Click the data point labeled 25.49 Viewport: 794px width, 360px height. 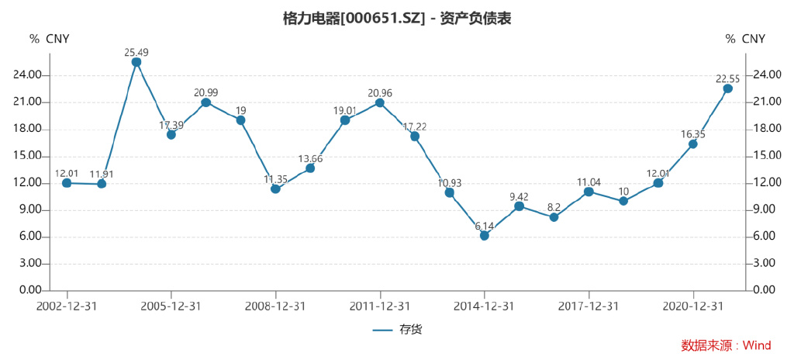click(136, 62)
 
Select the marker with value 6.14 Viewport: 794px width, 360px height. click(485, 235)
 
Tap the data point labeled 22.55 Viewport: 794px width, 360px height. click(727, 88)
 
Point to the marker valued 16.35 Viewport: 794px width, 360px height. click(692, 144)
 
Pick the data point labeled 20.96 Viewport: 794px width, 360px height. click(380, 102)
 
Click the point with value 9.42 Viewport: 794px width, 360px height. click(519, 206)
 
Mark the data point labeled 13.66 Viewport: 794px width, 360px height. click(310, 168)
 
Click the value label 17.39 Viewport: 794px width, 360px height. click(171, 125)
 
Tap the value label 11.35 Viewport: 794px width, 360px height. click(275, 179)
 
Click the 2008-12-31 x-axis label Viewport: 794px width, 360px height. click(275, 306)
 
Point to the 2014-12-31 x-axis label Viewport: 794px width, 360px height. click(485, 306)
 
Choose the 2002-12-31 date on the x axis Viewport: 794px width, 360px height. click(67, 306)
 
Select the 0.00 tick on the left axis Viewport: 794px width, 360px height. click(31, 290)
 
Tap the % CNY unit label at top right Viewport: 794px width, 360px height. click(745, 39)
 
